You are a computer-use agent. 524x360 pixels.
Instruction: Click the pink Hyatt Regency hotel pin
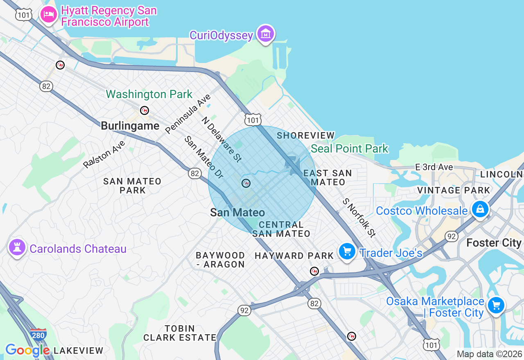49,15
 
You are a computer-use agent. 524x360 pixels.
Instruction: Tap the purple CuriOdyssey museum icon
266,34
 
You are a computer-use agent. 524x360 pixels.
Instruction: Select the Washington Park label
149,94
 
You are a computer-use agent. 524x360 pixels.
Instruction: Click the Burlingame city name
130,126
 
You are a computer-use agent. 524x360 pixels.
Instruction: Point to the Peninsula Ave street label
188,114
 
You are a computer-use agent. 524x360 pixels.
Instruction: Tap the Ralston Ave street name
104,154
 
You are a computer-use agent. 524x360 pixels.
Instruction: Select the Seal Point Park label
349,148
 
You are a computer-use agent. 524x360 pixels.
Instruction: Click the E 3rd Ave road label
434,167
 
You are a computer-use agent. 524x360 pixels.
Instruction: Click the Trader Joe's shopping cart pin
347,251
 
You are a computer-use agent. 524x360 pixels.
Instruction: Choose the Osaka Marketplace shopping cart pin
496,305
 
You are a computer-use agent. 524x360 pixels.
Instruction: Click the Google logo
27,350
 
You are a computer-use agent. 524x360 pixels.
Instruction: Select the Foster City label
494,243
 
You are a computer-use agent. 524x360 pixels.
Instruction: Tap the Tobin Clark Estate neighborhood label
180,333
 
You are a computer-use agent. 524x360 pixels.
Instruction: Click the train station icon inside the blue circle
246,183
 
